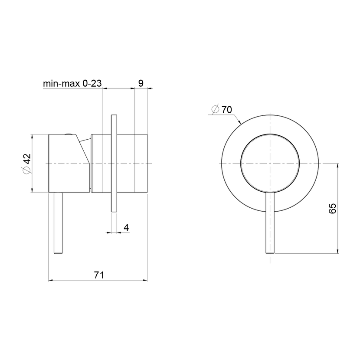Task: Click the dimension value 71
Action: (x=99, y=275)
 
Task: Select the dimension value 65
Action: (x=332, y=208)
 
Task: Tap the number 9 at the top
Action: (x=141, y=83)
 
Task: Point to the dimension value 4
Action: (x=126, y=228)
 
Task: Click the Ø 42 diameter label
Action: (x=26, y=163)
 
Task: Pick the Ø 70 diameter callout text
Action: (x=222, y=109)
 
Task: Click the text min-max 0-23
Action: (x=72, y=83)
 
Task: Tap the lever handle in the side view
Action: (x=58, y=223)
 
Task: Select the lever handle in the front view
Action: (x=270, y=223)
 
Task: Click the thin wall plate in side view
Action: (x=114, y=163)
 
